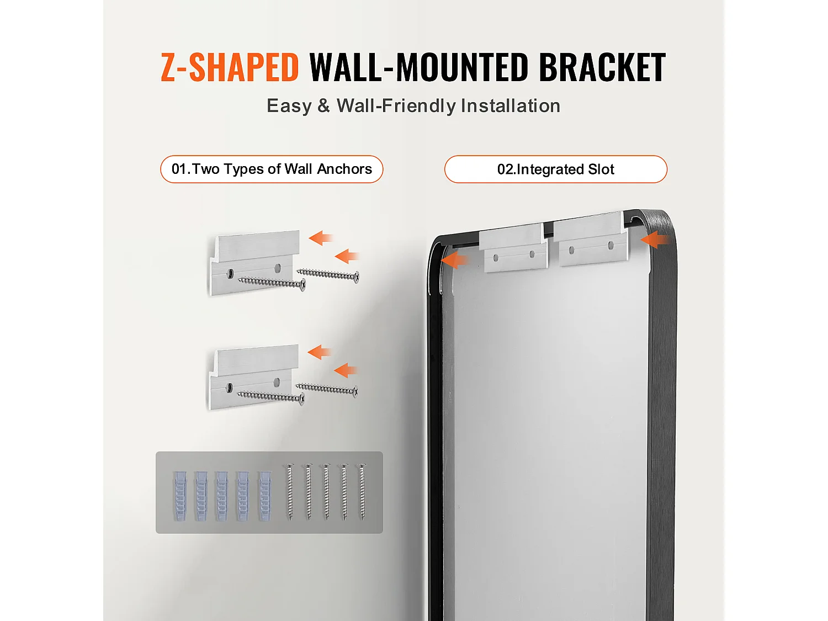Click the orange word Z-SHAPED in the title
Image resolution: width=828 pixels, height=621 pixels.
pyautogui.click(x=230, y=67)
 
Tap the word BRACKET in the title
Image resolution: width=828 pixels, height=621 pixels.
pyautogui.click(x=602, y=67)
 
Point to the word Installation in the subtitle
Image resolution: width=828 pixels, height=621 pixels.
pyautogui.click(x=511, y=105)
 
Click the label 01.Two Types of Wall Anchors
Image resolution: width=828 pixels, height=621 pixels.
pyautogui.click(x=272, y=169)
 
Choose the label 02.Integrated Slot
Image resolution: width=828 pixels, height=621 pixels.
pyautogui.click(x=556, y=169)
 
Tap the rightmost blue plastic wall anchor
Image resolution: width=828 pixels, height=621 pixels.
pyautogui.click(x=265, y=496)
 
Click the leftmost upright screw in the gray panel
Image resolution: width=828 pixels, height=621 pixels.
pyautogui.click(x=290, y=492)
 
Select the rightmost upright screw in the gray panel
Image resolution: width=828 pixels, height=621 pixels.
pyautogui.click(x=362, y=492)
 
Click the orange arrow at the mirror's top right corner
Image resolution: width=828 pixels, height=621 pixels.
pyautogui.click(x=656, y=240)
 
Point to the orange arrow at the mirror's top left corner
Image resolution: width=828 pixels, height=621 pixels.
pyautogui.click(x=454, y=260)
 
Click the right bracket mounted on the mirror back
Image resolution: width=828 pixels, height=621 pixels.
pyautogui.click(x=590, y=238)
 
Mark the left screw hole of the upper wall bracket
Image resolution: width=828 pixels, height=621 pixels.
pyautogui.click(x=230, y=273)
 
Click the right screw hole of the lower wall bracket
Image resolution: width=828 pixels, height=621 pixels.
pyautogui.click(x=277, y=382)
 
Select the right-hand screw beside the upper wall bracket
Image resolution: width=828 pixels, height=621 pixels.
pyautogui.click(x=328, y=274)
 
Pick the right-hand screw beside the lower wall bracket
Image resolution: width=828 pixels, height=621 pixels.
pyautogui.click(x=327, y=389)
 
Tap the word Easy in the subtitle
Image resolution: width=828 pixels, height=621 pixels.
pyautogui.click(x=289, y=105)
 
